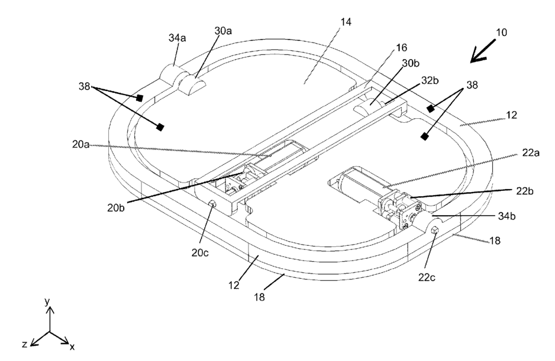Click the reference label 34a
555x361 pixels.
click(177, 38)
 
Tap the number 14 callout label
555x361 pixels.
click(346, 22)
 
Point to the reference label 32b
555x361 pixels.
click(430, 80)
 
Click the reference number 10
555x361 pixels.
click(501, 32)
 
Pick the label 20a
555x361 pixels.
click(80, 145)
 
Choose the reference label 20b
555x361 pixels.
click(116, 207)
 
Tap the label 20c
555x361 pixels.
click(201, 252)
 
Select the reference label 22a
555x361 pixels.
click(531, 153)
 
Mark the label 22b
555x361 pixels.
click(525, 191)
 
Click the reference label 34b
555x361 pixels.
click(507, 216)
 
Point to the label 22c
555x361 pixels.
click(427, 278)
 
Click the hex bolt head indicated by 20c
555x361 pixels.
click(212, 203)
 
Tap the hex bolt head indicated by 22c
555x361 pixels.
click(435, 230)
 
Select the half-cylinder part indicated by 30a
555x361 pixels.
click(192, 84)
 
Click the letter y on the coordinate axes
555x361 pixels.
click(47, 301)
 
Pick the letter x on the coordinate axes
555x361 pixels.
click(72, 347)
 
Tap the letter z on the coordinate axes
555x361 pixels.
click(24, 344)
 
